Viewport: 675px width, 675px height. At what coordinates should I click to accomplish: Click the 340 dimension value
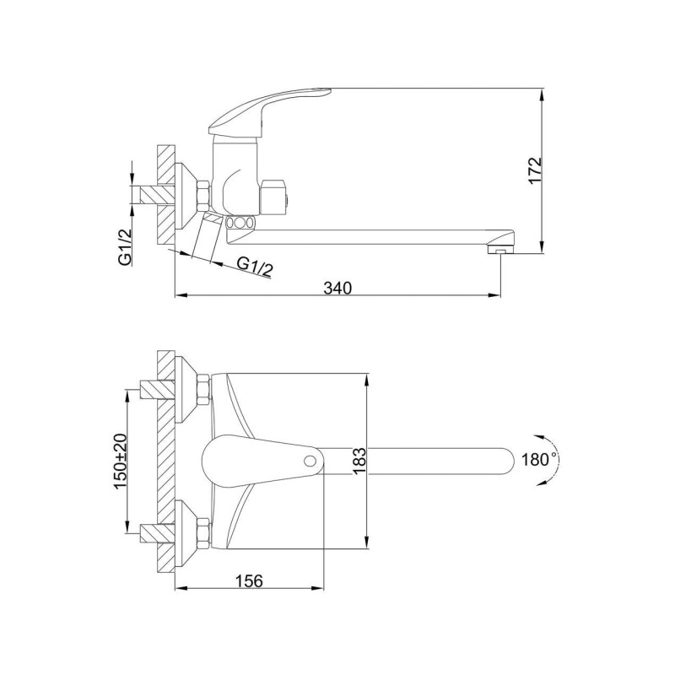[x=337, y=288]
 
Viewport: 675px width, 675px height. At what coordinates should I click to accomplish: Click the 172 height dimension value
[x=535, y=170]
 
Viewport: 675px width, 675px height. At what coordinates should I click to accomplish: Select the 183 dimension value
[x=359, y=461]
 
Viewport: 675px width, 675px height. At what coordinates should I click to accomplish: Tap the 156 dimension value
[x=248, y=581]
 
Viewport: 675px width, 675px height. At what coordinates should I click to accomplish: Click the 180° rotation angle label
[x=538, y=460]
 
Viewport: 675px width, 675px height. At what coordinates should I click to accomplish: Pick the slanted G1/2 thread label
[x=256, y=268]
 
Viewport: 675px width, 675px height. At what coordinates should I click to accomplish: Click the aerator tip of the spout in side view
[x=499, y=249]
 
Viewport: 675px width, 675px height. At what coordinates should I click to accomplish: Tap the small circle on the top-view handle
[x=309, y=462]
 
